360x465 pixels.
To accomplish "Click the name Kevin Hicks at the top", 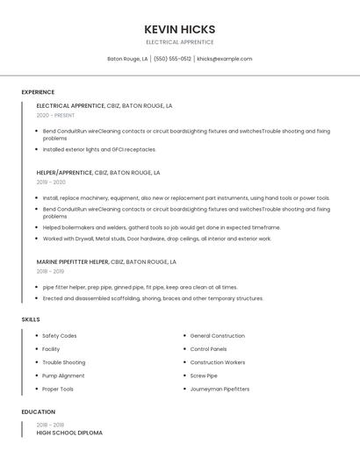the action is [179, 29].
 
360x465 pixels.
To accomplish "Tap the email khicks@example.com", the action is [224, 59].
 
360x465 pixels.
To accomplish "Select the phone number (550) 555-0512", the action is [172, 59].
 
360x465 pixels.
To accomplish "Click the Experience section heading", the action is [38, 92].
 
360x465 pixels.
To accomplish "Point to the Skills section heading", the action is [31, 319].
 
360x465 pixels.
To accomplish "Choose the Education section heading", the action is [38, 411].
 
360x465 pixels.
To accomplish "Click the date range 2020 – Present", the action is [55, 115].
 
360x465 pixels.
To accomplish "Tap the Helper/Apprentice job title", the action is [64, 173].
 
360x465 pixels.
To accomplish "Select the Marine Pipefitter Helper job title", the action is [73, 261].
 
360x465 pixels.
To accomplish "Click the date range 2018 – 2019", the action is [50, 271].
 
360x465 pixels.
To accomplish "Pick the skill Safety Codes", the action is [60, 336].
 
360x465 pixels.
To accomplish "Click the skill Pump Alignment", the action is [63, 376].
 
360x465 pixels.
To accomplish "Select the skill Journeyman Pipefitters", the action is [220, 389].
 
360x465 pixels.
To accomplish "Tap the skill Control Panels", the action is [209, 349].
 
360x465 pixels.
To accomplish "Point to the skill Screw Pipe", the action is [204, 376].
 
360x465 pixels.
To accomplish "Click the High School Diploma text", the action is [69, 433].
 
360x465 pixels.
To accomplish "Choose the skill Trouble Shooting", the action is [64, 362].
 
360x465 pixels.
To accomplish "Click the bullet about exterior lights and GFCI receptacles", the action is [99, 149].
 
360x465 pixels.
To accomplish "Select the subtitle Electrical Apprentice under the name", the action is [179, 42].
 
